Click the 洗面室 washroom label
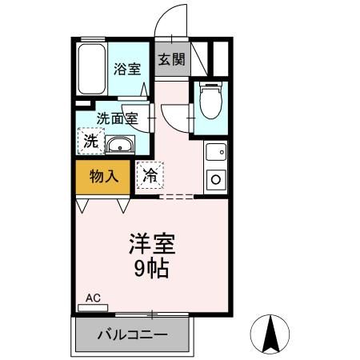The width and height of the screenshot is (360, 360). pos(118,118)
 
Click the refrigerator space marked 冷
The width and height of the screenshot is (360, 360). pos(150,175)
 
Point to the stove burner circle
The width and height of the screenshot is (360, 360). pos(214,180)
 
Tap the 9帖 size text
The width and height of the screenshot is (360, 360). pos(150,269)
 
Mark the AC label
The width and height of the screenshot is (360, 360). pos(94,298)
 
